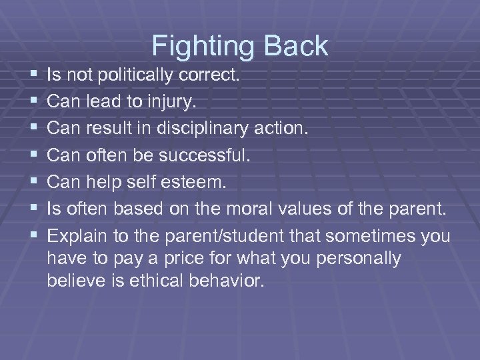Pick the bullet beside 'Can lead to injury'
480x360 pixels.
pos(33,102)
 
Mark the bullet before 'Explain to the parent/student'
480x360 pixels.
pos(33,237)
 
